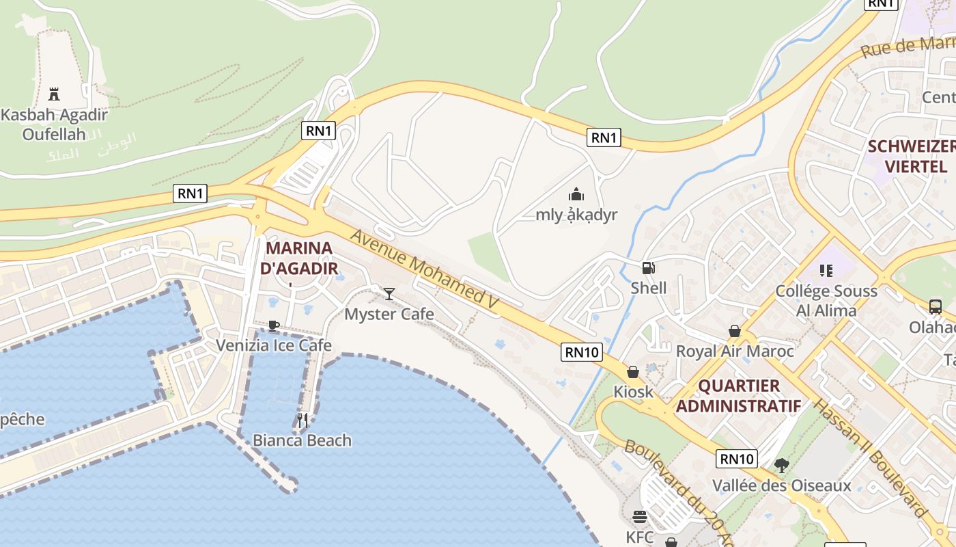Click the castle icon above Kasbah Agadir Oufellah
(x=54, y=94)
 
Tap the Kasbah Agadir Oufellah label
(x=54, y=124)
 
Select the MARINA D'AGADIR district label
(x=299, y=258)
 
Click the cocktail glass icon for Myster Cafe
(x=389, y=294)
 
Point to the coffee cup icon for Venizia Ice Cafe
(x=273, y=325)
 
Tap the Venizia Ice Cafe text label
(x=274, y=345)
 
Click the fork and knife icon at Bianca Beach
(x=303, y=420)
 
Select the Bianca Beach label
(x=303, y=440)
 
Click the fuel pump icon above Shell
(x=648, y=268)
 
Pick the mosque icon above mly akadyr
(x=576, y=195)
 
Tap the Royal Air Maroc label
(x=735, y=351)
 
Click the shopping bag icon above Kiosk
(x=633, y=372)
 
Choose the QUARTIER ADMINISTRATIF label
(x=738, y=396)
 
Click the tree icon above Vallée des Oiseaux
(x=782, y=466)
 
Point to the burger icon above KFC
(x=640, y=516)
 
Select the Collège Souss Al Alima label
(x=826, y=301)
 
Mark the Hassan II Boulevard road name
(x=871, y=458)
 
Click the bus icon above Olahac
(x=935, y=306)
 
